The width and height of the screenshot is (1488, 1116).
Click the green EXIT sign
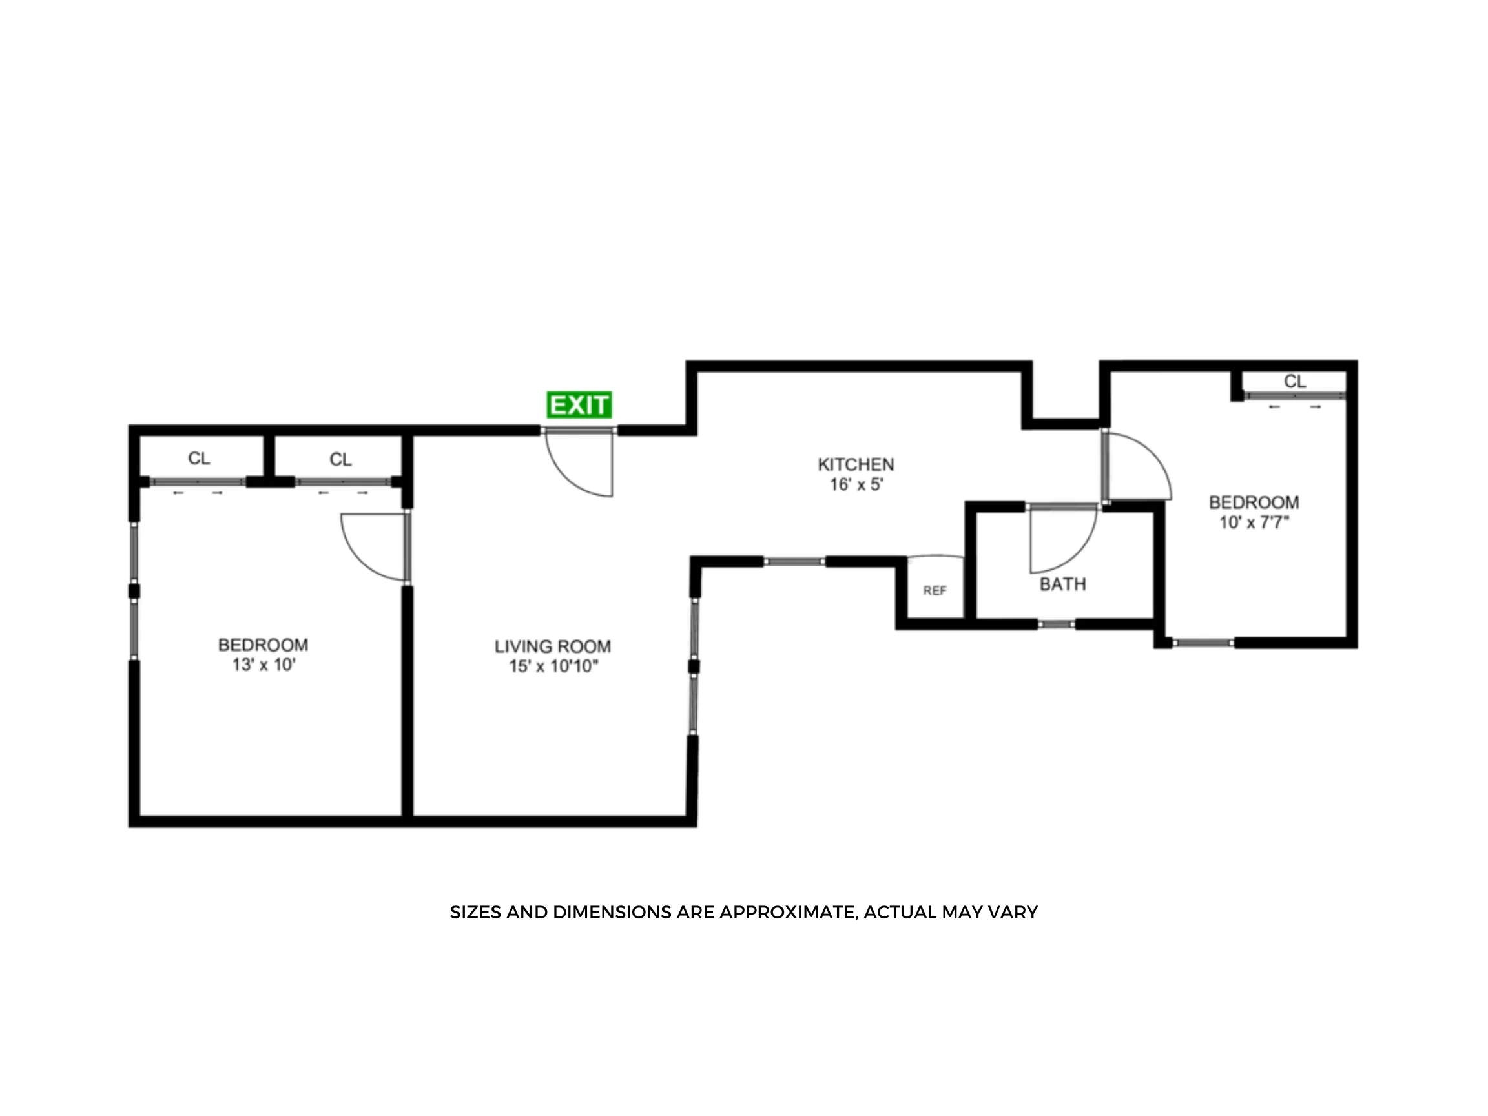579,405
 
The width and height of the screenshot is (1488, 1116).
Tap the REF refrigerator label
935,591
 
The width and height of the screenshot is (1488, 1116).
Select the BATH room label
1062,584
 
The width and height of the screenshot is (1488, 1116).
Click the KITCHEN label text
856,464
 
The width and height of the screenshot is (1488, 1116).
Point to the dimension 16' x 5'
856,484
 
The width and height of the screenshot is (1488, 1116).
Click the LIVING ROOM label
552,646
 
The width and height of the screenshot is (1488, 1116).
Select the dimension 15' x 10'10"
553,666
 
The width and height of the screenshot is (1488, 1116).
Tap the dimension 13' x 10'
263,665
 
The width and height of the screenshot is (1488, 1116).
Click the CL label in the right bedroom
1294,382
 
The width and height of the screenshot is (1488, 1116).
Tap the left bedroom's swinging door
373,546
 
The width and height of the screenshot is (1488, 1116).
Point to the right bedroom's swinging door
1137,468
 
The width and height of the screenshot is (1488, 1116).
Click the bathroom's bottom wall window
1056,625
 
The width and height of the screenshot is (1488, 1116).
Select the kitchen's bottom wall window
794,562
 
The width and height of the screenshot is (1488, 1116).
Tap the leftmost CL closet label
198,458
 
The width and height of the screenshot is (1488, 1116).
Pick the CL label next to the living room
340,459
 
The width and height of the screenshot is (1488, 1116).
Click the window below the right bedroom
1203,643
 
